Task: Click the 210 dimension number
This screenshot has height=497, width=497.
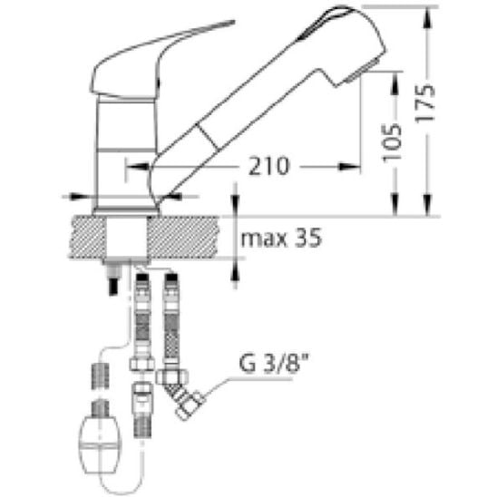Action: [268, 166]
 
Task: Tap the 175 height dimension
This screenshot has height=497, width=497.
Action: [425, 103]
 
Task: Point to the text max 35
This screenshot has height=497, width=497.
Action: [281, 238]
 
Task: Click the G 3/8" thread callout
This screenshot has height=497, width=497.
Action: [274, 364]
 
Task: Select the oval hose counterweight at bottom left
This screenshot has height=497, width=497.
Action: [100, 442]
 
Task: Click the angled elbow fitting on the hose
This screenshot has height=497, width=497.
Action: [180, 392]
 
